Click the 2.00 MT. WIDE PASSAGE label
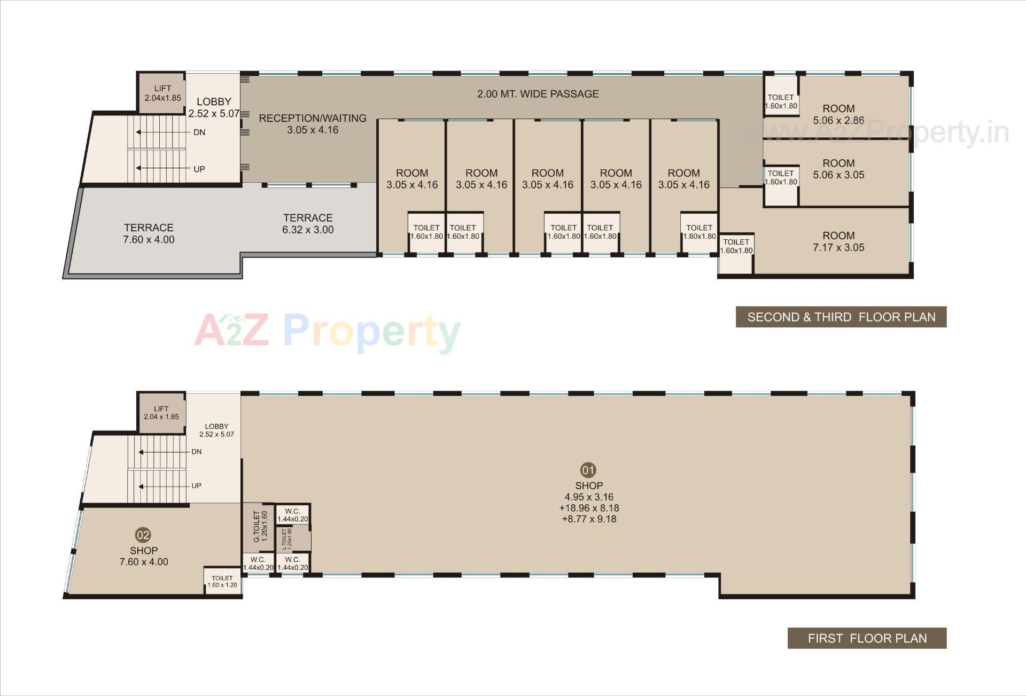click(538, 94)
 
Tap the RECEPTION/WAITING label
click(313, 124)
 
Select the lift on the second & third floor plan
click(162, 93)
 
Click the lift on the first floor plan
click(161, 413)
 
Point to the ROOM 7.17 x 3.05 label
click(838, 241)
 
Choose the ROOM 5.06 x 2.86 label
click(838, 114)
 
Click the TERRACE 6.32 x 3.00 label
click(308, 224)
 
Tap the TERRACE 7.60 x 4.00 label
click(149, 233)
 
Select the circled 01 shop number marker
click(588, 470)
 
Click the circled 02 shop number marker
click(143, 535)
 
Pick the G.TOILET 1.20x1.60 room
click(259, 528)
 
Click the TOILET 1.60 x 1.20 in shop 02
click(222, 581)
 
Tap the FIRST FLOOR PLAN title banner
click(867, 638)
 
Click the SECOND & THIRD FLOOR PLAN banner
click(841, 317)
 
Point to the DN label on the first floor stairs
click(196, 452)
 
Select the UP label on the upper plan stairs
click(199, 169)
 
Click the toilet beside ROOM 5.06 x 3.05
click(781, 185)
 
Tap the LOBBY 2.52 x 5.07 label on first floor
click(216, 430)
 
